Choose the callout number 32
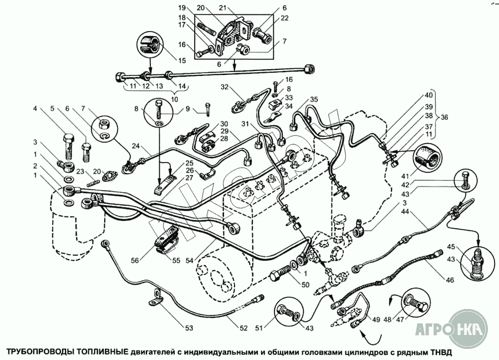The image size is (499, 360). tap(224, 87)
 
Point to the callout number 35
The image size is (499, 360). tap(314, 100)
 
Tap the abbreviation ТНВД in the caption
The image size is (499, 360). tap(441, 352)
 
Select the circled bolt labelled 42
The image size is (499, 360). tap(464, 179)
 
